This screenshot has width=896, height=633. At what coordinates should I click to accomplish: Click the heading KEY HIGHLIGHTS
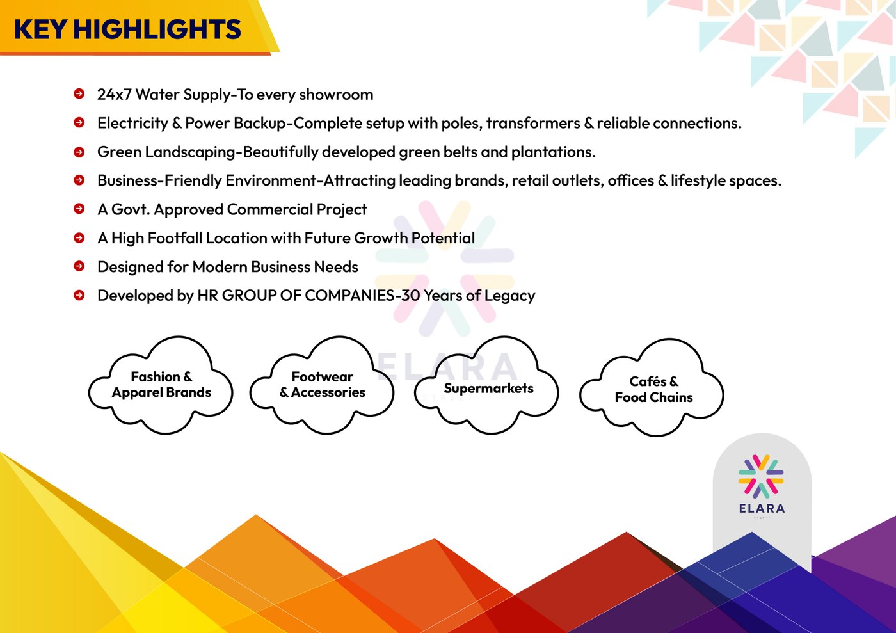[x=127, y=29]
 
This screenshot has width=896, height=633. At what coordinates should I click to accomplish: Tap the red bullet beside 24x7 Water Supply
[x=79, y=93]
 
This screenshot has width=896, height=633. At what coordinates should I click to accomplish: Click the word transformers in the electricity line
[x=533, y=124]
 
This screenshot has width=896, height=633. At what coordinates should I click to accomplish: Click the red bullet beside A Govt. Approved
[x=79, y=209]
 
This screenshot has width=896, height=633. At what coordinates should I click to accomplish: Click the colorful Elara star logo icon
[x=761, y=477]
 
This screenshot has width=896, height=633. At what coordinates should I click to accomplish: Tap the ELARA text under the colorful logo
[x=762, y=509]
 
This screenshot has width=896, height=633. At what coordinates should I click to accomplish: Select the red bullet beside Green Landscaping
[x=79, y=152]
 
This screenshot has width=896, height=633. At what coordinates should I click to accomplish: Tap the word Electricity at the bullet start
[x=133, y=124]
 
